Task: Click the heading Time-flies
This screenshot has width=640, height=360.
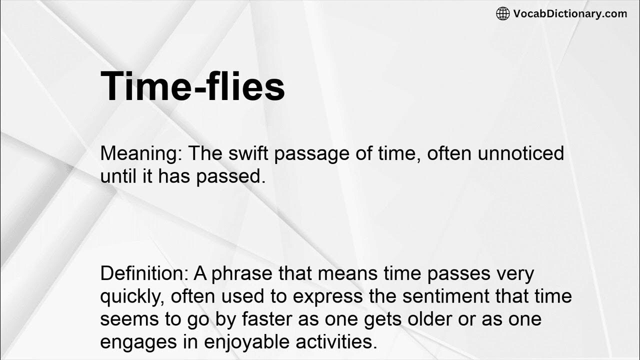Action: tap(192, 86)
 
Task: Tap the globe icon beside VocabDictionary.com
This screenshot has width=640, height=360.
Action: tap(502, 13)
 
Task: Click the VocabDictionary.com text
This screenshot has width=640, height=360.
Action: tap(570, 13)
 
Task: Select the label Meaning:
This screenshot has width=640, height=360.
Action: tap(141, 153)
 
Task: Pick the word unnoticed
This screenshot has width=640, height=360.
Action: tap(521, 153)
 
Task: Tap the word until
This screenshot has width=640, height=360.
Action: tap(117, 176)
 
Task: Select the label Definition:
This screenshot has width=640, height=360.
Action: tap(148, 273)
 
